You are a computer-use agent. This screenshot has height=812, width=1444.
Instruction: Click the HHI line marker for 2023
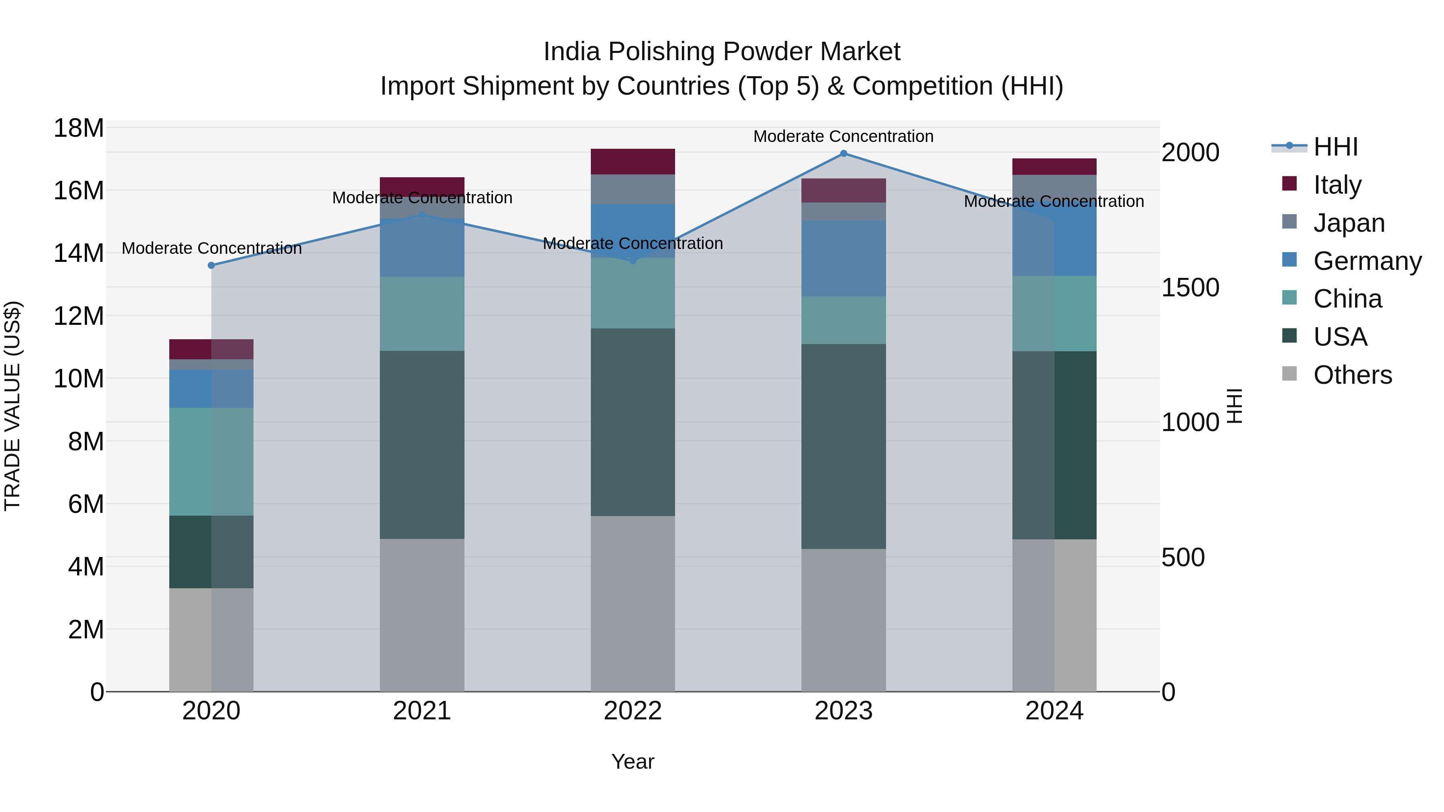843,154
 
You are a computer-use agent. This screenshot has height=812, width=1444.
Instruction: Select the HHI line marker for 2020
211,265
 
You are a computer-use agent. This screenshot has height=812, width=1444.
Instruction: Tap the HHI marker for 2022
633,261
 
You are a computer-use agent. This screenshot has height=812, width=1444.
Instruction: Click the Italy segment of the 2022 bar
633,161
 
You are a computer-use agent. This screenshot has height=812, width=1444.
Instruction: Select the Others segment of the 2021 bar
422,615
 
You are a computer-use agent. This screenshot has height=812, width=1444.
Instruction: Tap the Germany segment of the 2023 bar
843,258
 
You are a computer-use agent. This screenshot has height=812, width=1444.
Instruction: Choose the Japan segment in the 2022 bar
633,189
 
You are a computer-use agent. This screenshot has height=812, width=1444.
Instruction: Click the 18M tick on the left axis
79,128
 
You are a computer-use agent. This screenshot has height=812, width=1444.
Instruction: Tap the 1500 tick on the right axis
1190,288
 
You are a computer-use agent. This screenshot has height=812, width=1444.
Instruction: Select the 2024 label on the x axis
1054,711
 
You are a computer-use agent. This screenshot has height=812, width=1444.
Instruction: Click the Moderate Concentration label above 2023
843,136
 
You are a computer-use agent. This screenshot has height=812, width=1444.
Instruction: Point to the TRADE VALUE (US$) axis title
12,406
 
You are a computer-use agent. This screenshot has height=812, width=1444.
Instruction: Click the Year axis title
633,761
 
